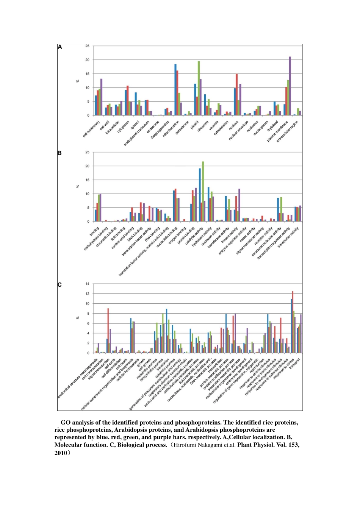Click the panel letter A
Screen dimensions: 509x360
click(60, 47)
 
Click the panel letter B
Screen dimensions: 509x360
click(59, 153)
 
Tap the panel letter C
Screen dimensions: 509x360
click(60, 284)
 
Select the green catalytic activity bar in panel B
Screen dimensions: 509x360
click(203, 192)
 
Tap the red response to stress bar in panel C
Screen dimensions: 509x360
click(293, 322)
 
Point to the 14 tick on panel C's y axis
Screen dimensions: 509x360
click(88, 284)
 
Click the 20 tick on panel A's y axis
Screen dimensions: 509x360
click(88, 60)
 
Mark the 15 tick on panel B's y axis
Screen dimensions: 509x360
click(88, 180)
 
